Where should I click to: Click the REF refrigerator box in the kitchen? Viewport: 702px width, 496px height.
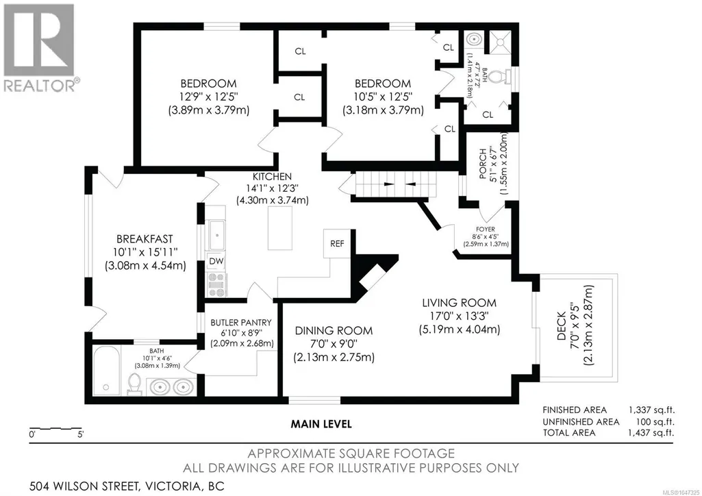337,244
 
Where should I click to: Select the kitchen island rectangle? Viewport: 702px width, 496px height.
280,228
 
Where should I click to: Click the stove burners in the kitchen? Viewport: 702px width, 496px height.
216,285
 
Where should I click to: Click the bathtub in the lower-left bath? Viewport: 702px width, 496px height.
106,370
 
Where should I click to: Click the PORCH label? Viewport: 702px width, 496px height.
482,164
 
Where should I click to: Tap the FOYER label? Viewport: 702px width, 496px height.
486,230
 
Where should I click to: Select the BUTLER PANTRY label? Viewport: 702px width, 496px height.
241,322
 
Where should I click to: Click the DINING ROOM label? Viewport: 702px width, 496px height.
334,331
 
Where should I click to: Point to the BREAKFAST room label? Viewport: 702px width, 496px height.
145,239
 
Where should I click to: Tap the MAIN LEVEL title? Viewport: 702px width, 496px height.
321,423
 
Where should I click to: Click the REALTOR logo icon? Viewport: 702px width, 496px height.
39,40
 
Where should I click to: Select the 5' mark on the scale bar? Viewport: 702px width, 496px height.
81,434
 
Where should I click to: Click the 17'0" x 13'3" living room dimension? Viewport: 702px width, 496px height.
459,316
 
